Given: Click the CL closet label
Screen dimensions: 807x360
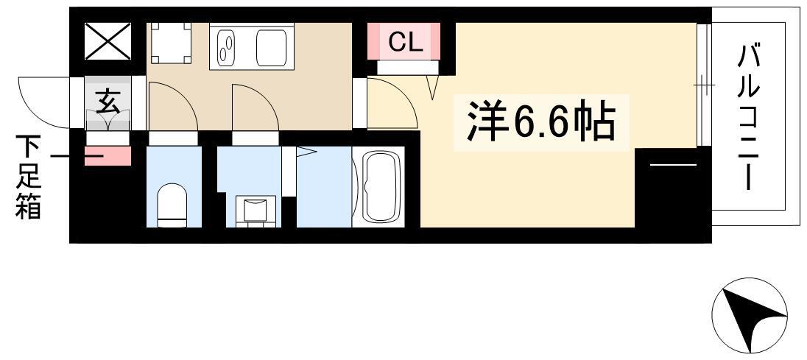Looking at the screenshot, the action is (405, 42).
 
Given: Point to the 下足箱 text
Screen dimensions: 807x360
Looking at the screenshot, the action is (28, 177).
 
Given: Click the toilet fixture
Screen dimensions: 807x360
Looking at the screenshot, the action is (172, 205).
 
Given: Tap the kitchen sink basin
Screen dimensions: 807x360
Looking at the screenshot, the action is (275, 48).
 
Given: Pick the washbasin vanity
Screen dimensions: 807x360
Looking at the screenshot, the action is (255, 211).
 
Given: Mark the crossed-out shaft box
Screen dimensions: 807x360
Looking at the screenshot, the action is (108, 41).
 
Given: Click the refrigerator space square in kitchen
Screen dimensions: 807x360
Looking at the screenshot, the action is (171, 43).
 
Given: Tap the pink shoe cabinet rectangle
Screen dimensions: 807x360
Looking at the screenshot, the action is (108, 156).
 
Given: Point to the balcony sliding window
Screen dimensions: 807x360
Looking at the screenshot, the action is (703, 85).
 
